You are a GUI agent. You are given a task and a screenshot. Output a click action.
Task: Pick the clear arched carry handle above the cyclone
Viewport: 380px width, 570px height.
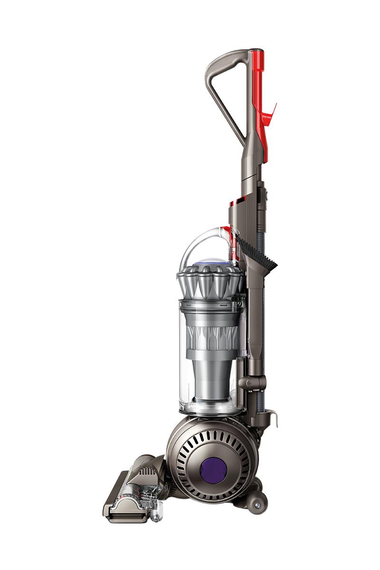pyautogui.click(x=199, y=242)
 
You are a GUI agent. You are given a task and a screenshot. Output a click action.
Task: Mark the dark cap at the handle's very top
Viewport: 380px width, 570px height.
pyautogui.click(x=256, y=50)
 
